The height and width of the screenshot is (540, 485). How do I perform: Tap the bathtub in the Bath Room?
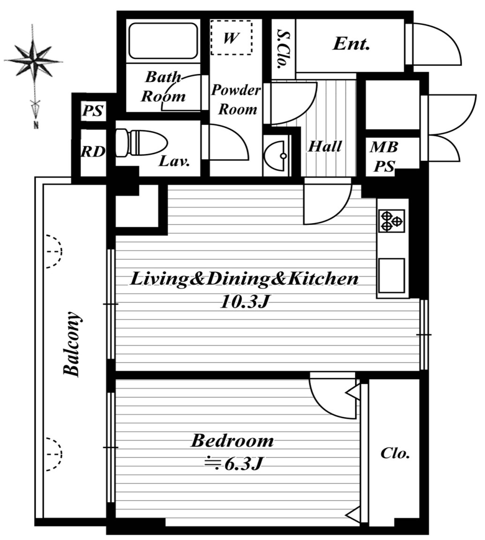(x=163, y=41)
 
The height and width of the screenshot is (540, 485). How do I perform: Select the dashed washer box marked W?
(x=231, y=37)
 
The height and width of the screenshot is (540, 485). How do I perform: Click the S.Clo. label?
(x=284, y=49)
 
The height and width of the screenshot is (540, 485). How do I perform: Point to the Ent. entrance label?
(x=351, y=44)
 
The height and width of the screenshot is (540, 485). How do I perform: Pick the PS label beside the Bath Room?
(x=93, y=111)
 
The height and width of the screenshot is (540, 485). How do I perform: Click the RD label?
(x=93, y=151)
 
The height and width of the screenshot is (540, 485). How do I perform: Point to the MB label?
(x=384, y=147)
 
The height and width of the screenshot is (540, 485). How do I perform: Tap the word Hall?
(x=325, y=146)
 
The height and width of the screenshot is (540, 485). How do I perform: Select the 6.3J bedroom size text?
(x=244, y=465)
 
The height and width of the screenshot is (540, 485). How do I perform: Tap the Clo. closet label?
(x=395, y=453)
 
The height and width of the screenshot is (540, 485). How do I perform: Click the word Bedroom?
(x=232, y=441)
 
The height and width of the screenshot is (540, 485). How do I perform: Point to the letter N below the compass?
(x=36, y=125)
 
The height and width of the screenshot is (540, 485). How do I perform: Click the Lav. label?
(x=174, y=161)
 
